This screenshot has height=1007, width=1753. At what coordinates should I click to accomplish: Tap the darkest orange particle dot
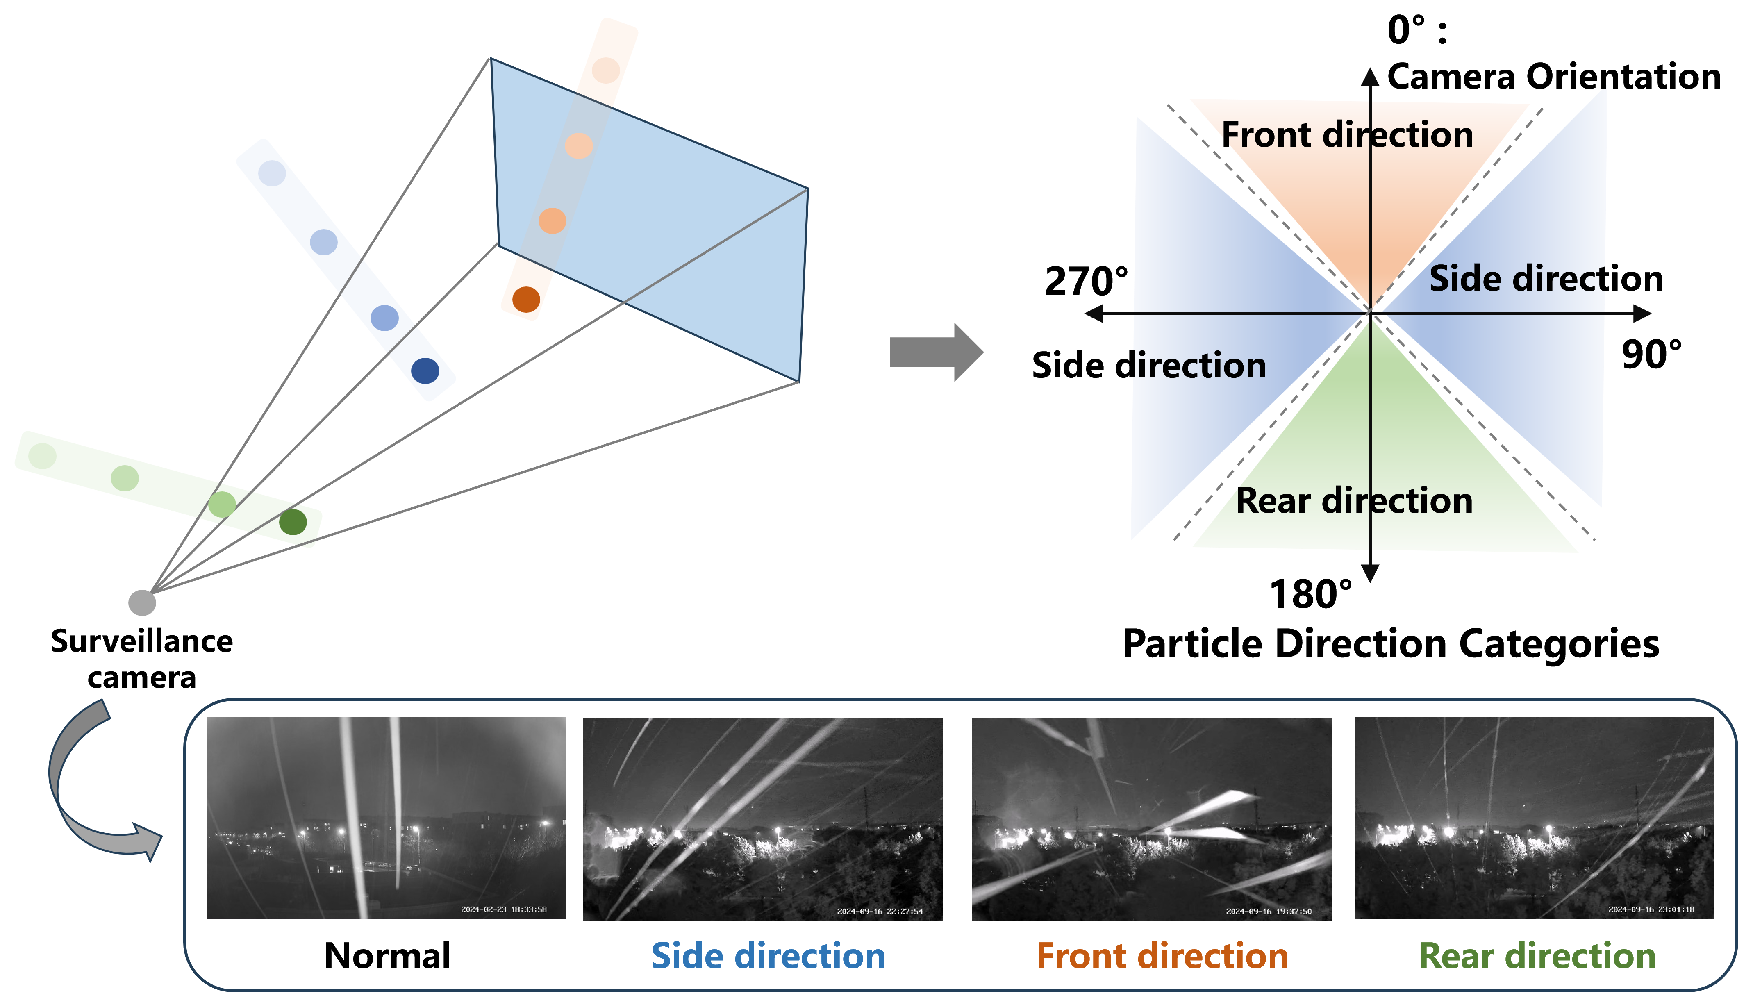tap(526, 300)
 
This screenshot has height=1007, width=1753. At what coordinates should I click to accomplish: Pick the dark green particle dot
tap(293, 522)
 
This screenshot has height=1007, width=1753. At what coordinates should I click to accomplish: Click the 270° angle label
tap(1086, 282)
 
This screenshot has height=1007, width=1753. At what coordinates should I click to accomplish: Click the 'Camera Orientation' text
tap(1553, 76)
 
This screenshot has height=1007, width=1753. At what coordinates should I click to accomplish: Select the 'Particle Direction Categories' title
tap(1390, 644)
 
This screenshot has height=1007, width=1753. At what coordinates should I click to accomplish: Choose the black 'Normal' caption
tap(387, 956)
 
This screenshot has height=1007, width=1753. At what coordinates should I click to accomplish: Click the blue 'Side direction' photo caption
tap(768, 956)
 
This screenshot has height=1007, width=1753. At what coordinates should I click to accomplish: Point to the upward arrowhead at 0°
tap(1369, 76)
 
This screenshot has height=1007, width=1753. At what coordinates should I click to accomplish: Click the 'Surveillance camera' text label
tap(142, 659)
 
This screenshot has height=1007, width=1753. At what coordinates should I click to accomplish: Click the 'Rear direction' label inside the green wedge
tap(1353, 501)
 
